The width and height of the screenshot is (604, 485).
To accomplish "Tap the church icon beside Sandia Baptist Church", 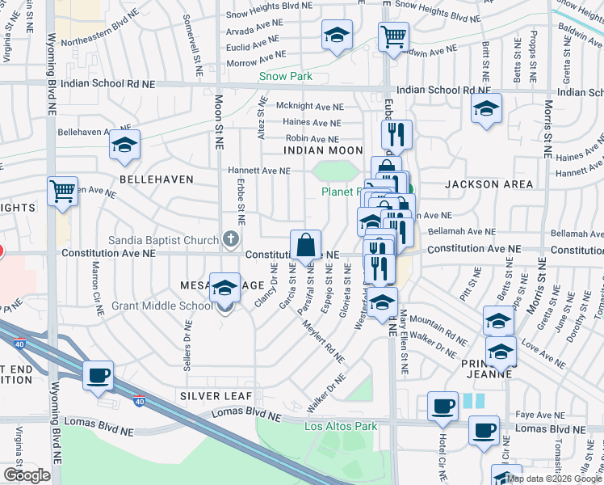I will coord(231,239).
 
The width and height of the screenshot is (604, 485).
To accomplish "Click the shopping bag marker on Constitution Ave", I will coord(307,245).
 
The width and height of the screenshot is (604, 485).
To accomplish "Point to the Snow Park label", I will coord(285,78).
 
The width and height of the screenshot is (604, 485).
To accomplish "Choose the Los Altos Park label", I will coord(341,426).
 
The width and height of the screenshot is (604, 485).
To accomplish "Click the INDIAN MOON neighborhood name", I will coord(323,150).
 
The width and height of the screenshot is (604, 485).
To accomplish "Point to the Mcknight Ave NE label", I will coord(310,107).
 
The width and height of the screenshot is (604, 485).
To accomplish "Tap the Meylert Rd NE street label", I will coord(323,344).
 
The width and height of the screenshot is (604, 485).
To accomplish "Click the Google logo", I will coord(27,475).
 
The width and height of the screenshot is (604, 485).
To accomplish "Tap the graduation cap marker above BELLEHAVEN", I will coord(124,145).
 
